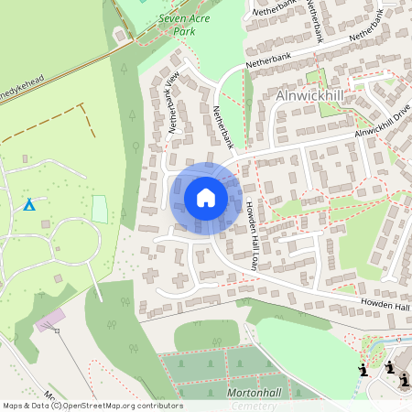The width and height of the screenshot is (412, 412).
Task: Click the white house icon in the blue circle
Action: click(205, 198)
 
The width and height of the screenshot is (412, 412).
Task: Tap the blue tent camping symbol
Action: click(29, 203)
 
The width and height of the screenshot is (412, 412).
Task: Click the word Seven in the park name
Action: click(173, 17)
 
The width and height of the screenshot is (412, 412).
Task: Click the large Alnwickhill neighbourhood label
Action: click(309, 95)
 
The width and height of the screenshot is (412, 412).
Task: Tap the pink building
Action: click(51, 320)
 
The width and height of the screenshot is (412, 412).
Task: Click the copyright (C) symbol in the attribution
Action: click(57, 405)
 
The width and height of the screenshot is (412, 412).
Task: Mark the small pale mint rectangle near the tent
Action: click(100, 209)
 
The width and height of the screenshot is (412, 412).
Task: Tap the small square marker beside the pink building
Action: click(57, 331)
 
